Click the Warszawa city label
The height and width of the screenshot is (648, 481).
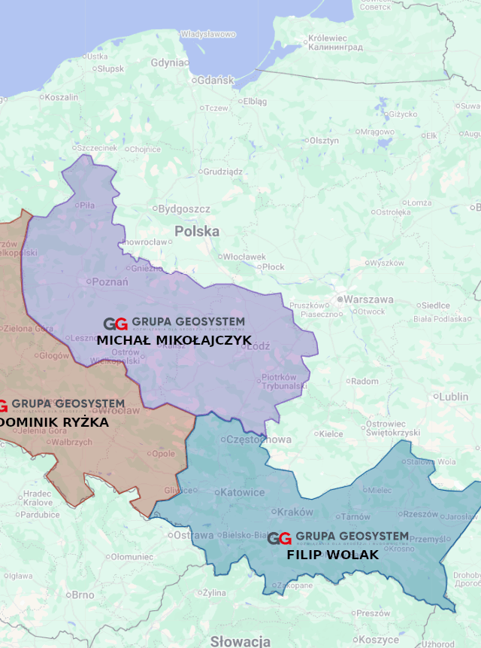coord(368,300)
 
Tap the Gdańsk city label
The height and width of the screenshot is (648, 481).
coord(215,81)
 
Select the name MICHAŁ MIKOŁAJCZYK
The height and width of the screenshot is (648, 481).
coord(174,340)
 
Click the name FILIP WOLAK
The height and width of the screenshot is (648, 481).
coord(332,555)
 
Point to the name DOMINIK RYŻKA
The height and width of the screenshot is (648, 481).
coord(54,422)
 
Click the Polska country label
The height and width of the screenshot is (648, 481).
coord(197,231)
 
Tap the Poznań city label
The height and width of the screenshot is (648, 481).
coord(109,282)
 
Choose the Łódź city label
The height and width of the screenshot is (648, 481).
coord(258,347)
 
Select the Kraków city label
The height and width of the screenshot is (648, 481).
coord(295,512)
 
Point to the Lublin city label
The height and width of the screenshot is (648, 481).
coord(453,397)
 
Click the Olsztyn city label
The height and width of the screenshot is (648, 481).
coord(324,141)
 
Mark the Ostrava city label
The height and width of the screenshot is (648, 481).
coord(193,535)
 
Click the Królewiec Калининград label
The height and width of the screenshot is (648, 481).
coord(334,42)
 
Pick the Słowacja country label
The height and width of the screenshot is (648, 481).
coord(240,641)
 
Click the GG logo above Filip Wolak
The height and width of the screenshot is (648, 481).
coord(280,539)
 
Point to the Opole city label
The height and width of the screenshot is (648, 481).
coord(163,454)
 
